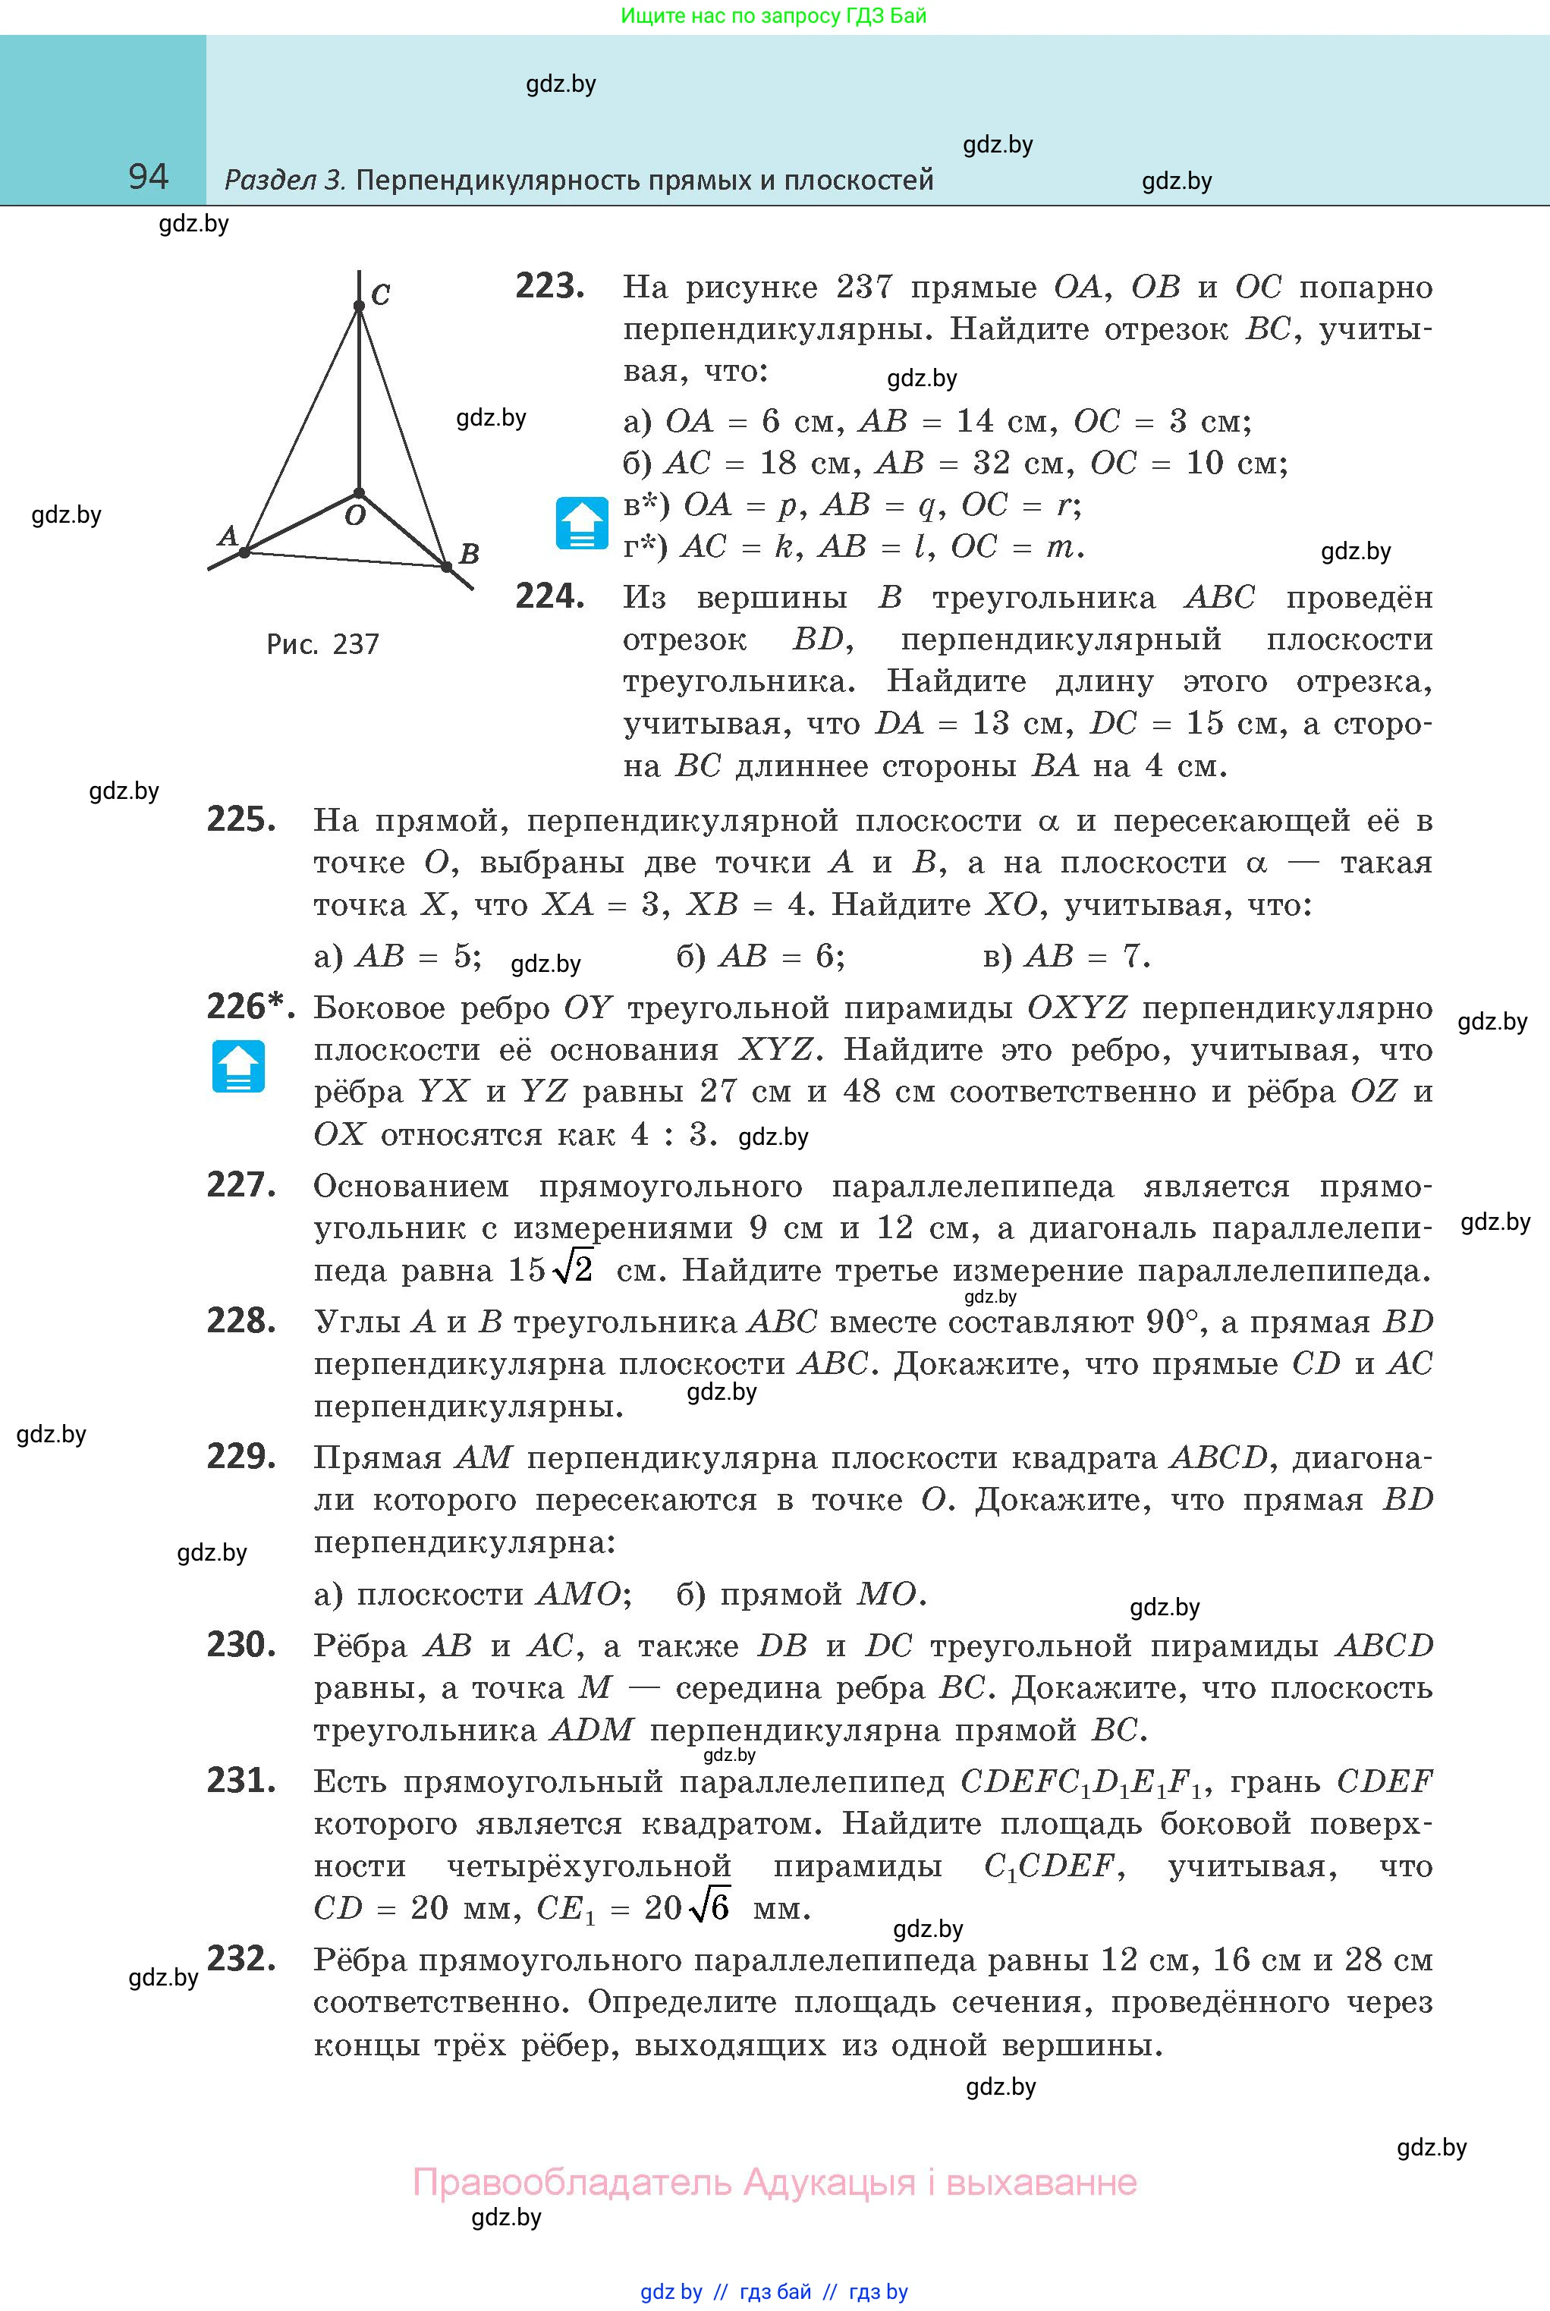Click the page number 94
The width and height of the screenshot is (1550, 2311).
pyautogui.click(x=148, y=177)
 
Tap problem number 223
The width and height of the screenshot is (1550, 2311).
pyautogui.click(x=549, y=287)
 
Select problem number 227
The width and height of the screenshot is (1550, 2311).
pyautogui.click(x=241, y=1184)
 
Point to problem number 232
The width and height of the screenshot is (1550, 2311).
pyautogui.click(x=241, y=1958)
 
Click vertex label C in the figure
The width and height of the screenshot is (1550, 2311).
pyautogui.click(x=381, y=294)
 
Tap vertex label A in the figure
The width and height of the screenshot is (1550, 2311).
pyautogui.click(x=228, y=536)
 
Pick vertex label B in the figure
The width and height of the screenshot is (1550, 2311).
pyautogui.click(x=470, y=554)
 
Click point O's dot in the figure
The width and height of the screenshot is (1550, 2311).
pyautogui.click(x=359, y=492)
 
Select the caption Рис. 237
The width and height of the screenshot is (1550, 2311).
pyautogui.click(x=322, y=644)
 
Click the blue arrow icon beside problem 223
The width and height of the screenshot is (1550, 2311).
pyautogui.click(x=582, y=523)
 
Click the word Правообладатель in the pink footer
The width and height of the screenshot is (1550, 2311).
pyautogui.click(x=571, y=2181)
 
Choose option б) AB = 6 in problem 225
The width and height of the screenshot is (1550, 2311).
pyautogui.click(x=760, y=956)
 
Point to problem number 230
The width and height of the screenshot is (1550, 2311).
pyautogui.click(x=241, y=1644)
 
